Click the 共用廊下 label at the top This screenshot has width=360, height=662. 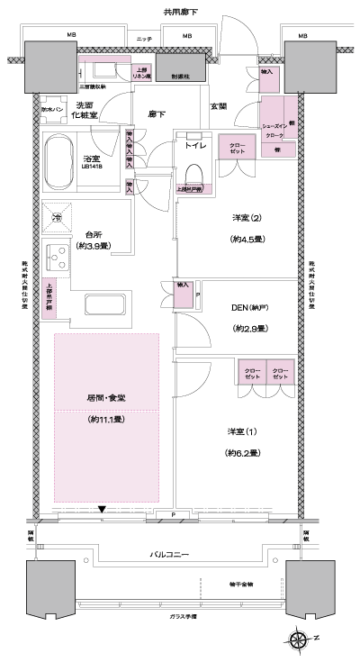point(179,12)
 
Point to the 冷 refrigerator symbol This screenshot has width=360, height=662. point(57,218)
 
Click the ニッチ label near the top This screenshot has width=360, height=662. point(144,40)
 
